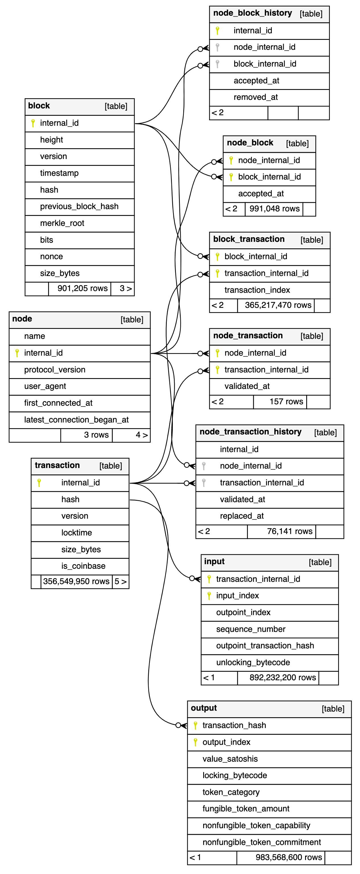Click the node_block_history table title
(x=252, y=13)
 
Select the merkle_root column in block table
(x=62, y=223)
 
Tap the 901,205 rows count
(x=83, y=288)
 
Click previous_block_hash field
(x=79, y=207)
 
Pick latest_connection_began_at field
(x=76, y=420)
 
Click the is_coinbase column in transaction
(x=83, y=566)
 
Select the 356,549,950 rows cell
(x=76, y=582)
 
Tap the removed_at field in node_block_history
(x=256, y=97)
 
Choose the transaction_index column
(x=257, y=290)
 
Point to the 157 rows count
(x=286, y=402)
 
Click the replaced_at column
(x=242, y=516)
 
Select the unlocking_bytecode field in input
(x=253, y=662)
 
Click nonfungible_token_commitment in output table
(x=262, y=842)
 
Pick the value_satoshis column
(x=230, y=759)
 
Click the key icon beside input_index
(x=209, y=595)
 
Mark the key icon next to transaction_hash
(x=196, y=725)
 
